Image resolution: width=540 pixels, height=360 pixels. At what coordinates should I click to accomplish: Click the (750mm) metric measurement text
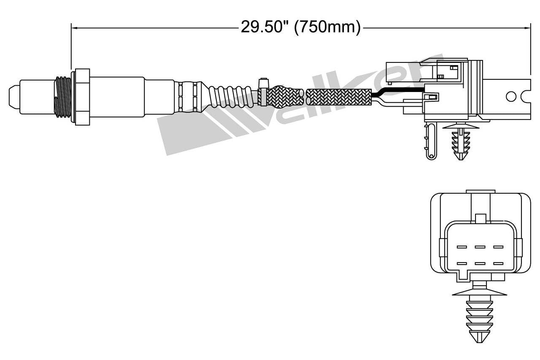(x=327, y=27)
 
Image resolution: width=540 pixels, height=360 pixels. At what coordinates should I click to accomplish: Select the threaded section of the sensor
(x=63, y=96)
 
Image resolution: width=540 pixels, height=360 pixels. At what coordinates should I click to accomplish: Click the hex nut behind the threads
(x=81, y=96)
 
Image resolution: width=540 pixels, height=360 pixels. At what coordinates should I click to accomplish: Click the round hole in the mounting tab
(x=511, y=96)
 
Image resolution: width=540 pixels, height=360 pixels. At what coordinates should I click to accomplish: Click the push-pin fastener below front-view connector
(x=478, y=317)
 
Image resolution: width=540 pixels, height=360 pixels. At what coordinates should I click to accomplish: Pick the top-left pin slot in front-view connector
(x=462, y=247)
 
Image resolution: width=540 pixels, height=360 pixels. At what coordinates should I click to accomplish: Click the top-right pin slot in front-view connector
(x=498, y=247)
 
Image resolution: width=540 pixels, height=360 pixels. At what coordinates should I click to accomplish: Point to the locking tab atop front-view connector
(x=481, y=218)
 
